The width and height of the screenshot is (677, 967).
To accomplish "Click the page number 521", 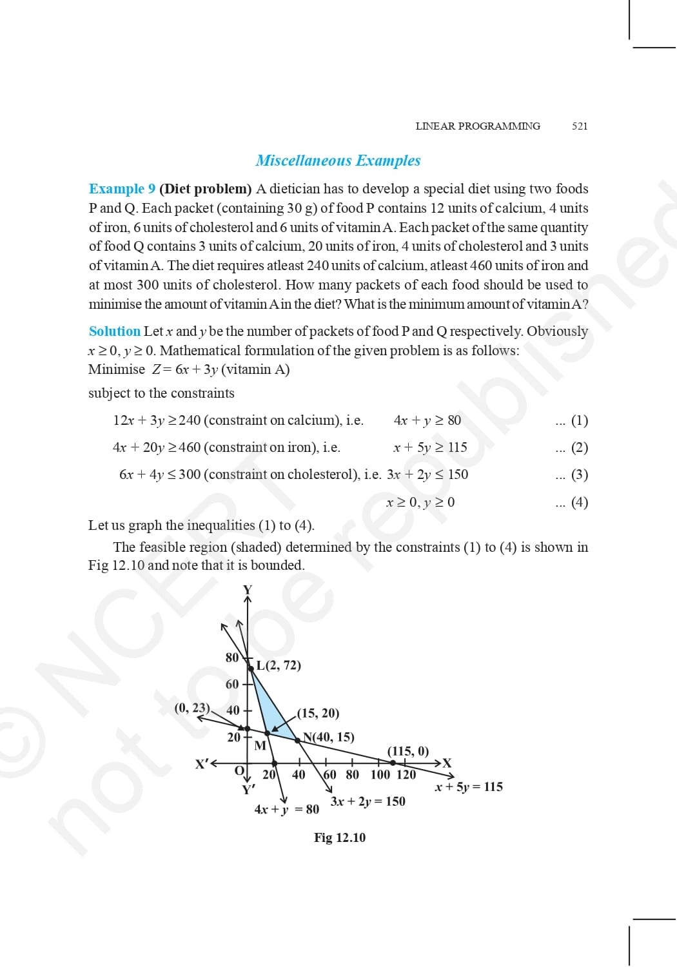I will (580, 126).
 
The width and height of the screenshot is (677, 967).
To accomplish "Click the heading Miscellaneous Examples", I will (338, 161).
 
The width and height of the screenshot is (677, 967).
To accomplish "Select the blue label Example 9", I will (122, 189).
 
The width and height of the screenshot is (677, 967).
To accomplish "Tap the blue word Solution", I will (114, 331).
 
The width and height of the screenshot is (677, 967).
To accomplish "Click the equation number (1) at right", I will (580, 420).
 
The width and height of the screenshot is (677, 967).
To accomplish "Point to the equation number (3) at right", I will (580, 474).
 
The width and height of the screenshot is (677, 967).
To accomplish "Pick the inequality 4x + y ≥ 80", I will (427, 420).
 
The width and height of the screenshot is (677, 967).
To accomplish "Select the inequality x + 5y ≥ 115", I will (429, 447).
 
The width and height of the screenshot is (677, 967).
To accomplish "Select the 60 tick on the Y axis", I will (232, 684).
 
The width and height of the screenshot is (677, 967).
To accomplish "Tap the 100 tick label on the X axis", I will (380, 775).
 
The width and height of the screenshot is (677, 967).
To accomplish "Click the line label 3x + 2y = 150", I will (368, 801).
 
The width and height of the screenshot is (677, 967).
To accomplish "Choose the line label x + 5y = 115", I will (469, 786).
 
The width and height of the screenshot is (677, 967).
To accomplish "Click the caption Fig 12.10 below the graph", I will (339, 837).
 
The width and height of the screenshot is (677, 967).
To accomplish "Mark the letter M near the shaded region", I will (260, 746).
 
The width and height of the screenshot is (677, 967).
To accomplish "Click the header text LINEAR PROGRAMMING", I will (478, 126).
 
